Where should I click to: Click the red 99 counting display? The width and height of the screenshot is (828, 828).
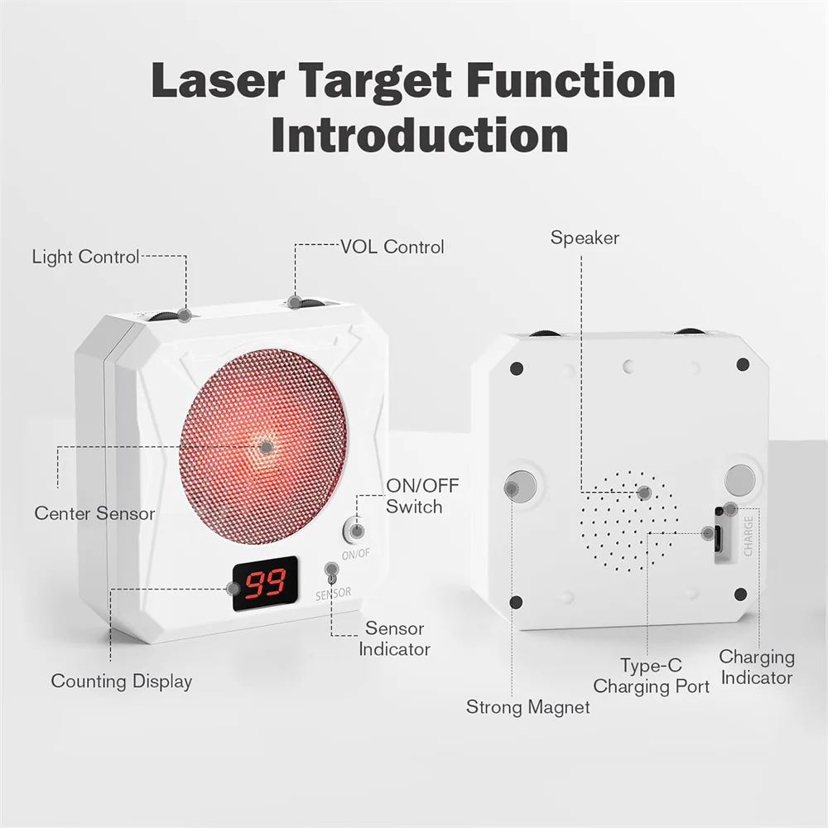click(x=266, y=583)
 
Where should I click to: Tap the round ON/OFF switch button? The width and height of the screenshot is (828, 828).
click(x=356, y=530)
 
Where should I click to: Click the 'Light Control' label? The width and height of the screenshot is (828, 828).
click(x=85, y=257)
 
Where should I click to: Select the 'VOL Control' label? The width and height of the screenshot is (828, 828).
click(x=392, y=247)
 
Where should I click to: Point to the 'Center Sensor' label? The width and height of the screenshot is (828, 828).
click(x=94, y=513)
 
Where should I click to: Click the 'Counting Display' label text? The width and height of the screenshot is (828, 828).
click(x=122, y=681)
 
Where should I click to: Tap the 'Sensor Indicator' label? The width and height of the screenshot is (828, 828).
click(x=394, y=639)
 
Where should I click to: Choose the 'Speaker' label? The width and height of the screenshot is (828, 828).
click(x=585, y=238)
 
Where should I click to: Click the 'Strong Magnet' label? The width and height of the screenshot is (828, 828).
click(x=528, y=707)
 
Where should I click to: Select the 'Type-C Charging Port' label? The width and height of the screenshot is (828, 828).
click(x=651, y=676)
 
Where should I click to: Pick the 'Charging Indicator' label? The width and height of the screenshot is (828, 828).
click(x=757, y=667)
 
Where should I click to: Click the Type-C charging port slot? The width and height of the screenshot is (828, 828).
click(x=720, y=533)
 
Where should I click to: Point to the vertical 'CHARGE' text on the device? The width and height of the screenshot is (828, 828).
click(x=749, y=536)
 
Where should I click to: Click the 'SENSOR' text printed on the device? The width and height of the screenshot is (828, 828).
click(x=333, y=594)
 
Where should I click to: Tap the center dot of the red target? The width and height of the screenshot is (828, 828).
click(x=267, y=447)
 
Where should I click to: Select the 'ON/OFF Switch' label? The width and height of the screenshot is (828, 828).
click(x=422, y=496)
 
